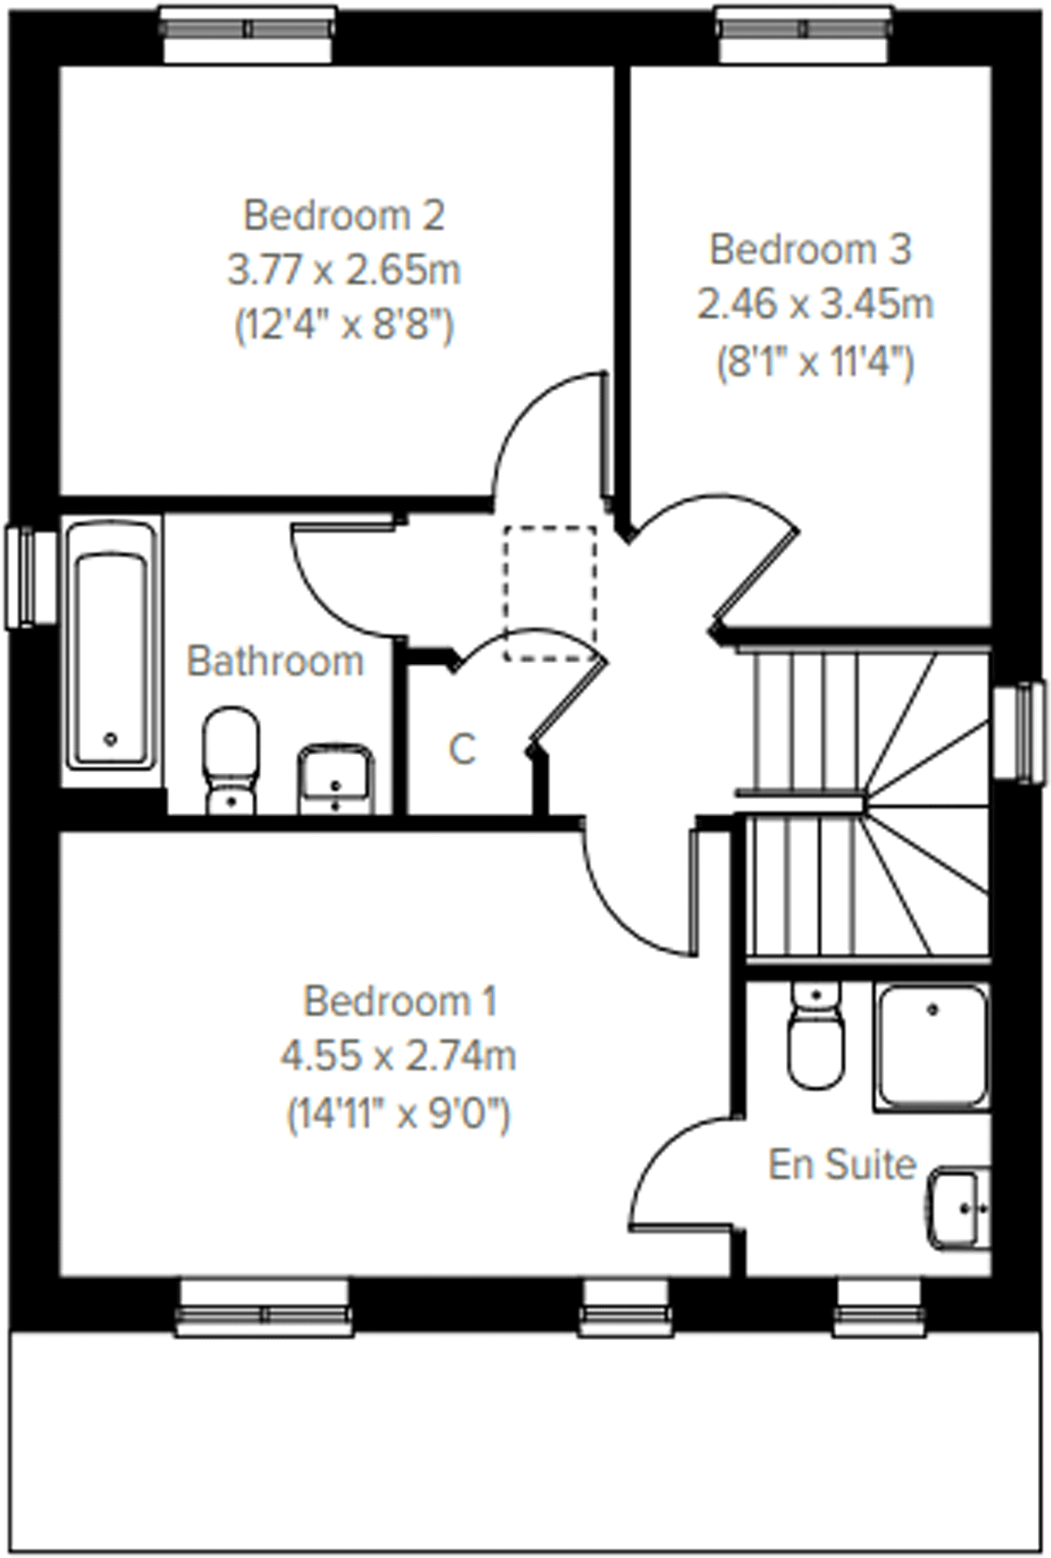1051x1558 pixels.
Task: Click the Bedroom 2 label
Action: point(343,215)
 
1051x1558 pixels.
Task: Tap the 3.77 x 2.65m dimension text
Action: point(343,270)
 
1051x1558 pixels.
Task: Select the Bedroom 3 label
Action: point(810,249)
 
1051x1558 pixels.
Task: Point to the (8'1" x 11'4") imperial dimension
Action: point(814,362)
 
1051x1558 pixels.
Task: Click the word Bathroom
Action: point(274,661)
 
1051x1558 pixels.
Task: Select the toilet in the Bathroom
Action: point(230,759)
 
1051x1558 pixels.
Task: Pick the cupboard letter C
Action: point(461,750)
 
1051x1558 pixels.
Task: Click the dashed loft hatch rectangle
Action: point(549,593)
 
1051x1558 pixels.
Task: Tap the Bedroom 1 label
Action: point(399,1001)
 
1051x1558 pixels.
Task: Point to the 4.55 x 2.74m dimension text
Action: point(398,1057)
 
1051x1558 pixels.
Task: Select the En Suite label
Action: point(842,1165)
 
